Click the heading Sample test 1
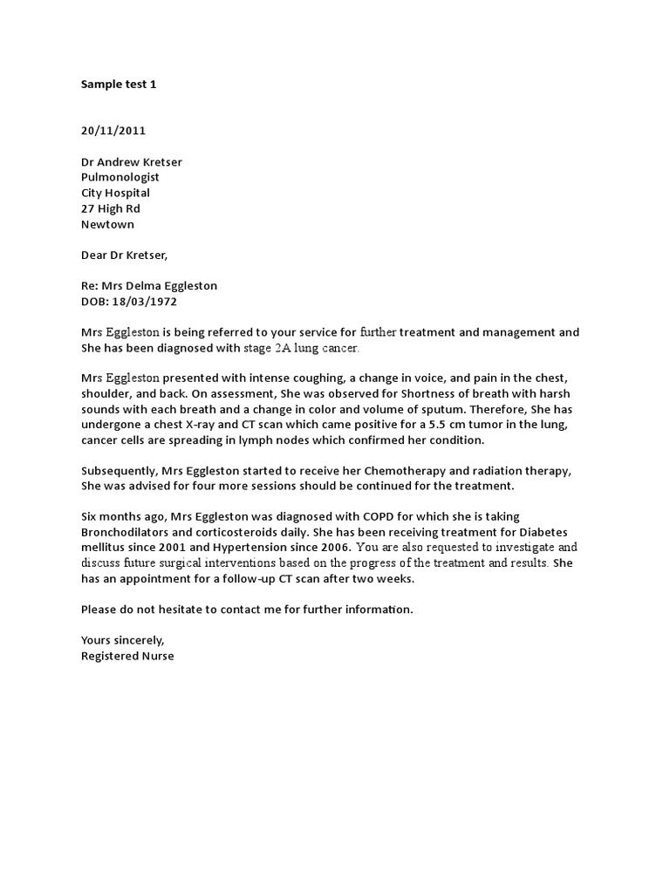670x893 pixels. point(119,85)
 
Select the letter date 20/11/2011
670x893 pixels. point(113,131)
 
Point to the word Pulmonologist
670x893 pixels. point(120,177)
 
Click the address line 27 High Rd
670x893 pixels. point(110,208)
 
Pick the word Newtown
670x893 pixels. point(107,224)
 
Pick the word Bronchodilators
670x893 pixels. point(126,532)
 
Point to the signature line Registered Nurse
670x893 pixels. point(127,656)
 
